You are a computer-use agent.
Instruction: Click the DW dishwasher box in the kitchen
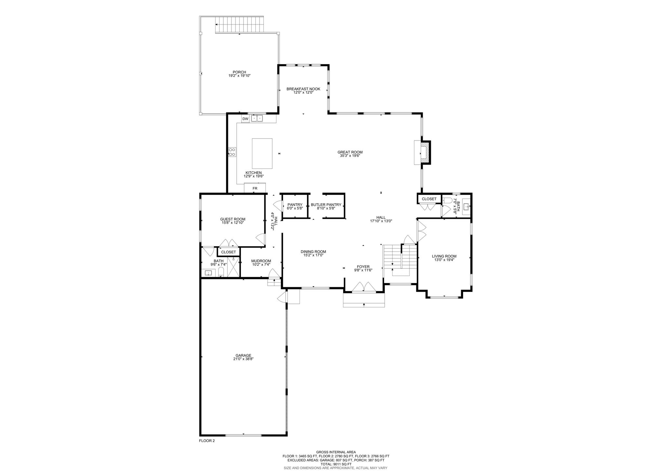(246, 119)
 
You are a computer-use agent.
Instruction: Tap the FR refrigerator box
(255, 188)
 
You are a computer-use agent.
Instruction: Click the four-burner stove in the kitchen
(232, 152)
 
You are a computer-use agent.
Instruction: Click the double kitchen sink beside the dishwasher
(257, 118)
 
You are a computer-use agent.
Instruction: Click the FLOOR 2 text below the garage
(207, 441)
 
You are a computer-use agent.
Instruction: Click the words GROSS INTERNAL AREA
(336, 452)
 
